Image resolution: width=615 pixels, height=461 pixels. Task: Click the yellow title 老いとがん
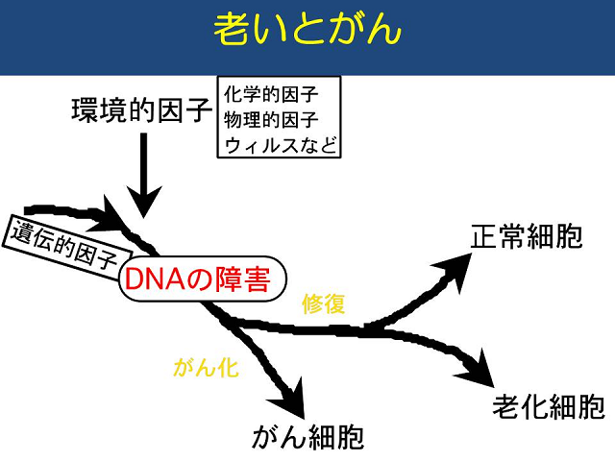[307, 30]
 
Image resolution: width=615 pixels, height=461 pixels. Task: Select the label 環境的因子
[142, 110]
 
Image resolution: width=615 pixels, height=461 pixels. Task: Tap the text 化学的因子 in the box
[271, 94]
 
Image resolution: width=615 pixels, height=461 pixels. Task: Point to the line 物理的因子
[271, 119]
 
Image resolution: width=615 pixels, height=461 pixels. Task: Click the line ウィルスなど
[281, 145]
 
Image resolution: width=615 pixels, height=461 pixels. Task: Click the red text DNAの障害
[197, 279]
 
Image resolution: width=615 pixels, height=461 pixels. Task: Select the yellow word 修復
[324, 303]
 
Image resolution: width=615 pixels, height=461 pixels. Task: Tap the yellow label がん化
[206, 368]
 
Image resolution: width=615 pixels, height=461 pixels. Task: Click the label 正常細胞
[527, 236]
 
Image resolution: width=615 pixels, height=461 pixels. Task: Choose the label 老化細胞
[549, 406]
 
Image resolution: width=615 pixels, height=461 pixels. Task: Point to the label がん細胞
[308, 437]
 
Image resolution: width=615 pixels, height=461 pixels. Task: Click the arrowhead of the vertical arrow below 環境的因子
[143, 201]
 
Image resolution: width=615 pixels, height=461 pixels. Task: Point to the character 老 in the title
[232, 30]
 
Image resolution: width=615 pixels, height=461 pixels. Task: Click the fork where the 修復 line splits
[367, 329]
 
